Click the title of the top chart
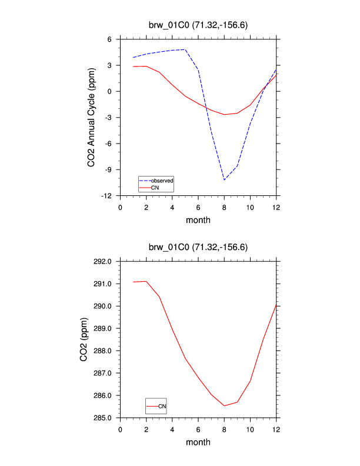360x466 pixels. click(x=198, y=25)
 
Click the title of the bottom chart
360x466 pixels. click(x=198, y=247)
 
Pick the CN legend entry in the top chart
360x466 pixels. click(x=155, y=187)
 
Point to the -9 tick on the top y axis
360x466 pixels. click(x=110, y=169)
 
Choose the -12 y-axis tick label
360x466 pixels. click(x=108, y=195)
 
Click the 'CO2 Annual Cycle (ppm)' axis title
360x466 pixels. click(x=92, y=118)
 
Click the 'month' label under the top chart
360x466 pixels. click(x=198, y=220)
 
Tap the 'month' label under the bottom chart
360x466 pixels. click(x=198, y=442)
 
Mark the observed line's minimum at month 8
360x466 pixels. click(x=224, y=179)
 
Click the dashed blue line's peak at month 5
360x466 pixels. click(x=185, y=49)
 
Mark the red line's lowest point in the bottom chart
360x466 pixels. click(x=224, y=405)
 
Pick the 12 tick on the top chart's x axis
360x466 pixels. click(x=276, y=207)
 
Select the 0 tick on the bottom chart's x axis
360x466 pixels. click(x=121, y=429)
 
